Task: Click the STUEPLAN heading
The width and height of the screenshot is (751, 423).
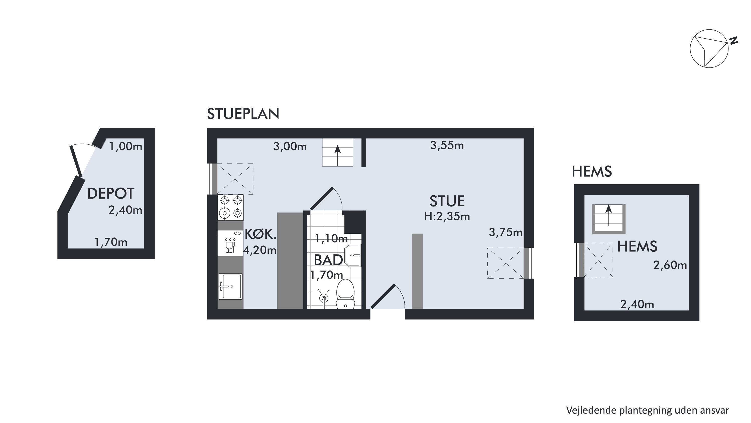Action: pyautogui.click(x=243, y=114)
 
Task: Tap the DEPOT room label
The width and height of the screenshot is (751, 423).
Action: pyautogui.click(x=110, y=193)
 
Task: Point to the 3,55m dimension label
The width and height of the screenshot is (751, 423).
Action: pyautogui.click(x=447, y=145)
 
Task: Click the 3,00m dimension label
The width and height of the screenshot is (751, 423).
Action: pyautogui.click(x=290, y=146)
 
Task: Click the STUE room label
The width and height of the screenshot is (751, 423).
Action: pyautogui.click(x=447, y=201)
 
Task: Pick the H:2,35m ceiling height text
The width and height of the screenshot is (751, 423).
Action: pyautogui.click(x=447, y=216)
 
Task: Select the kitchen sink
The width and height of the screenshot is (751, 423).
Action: pyautogui.click(x=230, y=287)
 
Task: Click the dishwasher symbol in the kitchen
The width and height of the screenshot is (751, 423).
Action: pyautogui.click(x=230, y=243)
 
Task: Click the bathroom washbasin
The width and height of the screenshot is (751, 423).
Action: pyautogui.click(x=353, y=255)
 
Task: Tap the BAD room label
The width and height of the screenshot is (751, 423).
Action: pyautogui.click(x=328, y=260)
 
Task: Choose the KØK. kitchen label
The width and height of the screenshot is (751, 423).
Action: pyautogui.click(x=260, y=234)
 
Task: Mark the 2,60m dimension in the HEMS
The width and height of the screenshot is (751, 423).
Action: pyautogui.click(x=670, y=265)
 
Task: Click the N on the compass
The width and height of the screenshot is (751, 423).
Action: pyautogui.click(x=733, y=41)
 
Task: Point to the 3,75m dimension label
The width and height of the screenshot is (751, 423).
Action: pyautogui.click(x=506, y=232)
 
